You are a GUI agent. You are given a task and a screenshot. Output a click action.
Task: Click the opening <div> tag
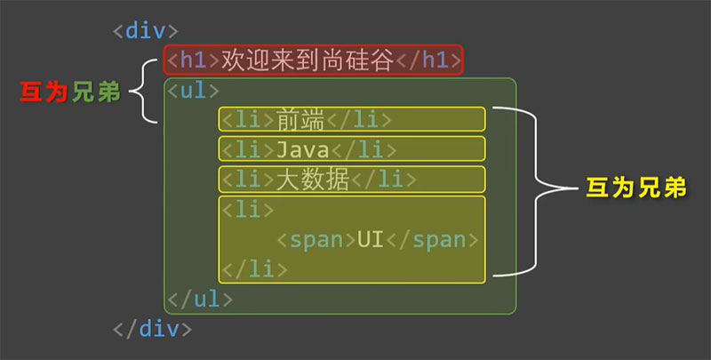[146, 31]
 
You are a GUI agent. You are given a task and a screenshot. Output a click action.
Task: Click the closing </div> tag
[152, 328]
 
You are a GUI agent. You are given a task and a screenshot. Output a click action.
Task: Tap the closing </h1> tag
[429, 60]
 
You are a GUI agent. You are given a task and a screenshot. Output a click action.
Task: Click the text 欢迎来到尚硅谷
[308, 60]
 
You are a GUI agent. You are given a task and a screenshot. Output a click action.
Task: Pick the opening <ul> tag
[193, 91]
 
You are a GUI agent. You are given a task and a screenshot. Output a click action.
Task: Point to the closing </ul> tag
[200, 299]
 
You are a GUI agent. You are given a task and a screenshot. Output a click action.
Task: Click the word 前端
[300, 120]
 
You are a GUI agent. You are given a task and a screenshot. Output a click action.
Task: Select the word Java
[302, 150]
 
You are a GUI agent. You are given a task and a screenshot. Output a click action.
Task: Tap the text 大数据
[313, 180]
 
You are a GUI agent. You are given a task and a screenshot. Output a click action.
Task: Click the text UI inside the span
[371, 239]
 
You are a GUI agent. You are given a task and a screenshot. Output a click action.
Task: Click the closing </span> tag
[432, 240]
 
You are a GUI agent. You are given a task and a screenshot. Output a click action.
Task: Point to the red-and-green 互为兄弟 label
[70, 92]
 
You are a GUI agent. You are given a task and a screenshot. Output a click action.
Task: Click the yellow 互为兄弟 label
[636, 188]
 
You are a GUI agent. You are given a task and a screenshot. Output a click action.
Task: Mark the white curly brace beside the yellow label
[535, 191]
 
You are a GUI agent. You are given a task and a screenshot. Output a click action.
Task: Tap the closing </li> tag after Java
[364, 150]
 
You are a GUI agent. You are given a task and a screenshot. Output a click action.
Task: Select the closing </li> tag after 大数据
[384, 180]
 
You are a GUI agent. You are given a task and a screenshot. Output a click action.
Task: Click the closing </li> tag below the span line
[254, 269]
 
